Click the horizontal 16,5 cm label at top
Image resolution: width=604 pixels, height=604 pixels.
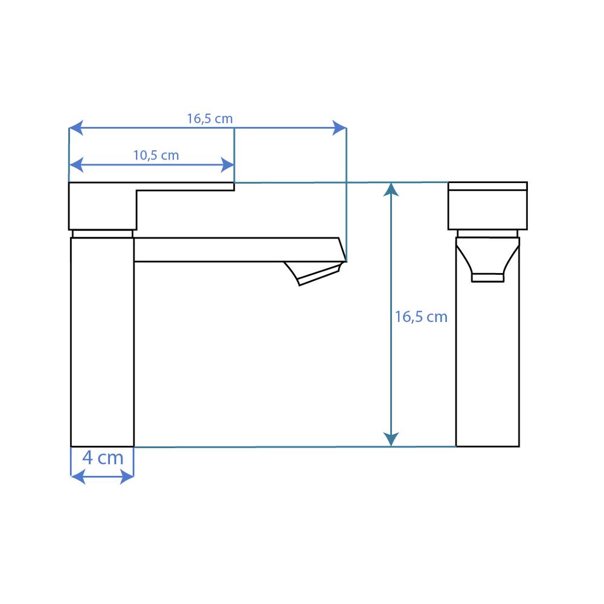(x=210, y=118)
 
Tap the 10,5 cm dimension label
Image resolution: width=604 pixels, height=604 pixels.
(x=156, y=155)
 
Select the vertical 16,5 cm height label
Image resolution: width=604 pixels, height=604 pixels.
(x=421, y=317)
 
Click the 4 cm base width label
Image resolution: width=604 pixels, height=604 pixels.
(x=103, y=458)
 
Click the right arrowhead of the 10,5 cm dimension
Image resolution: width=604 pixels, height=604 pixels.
(x=227, y=165)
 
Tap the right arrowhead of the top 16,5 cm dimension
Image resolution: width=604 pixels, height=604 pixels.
(x=339, y=127)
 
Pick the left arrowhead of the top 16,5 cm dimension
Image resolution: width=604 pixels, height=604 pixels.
(x=76, y=127)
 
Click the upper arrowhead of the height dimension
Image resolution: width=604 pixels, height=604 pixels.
(x=391, y=190)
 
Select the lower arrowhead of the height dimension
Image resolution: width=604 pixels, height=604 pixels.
(x=391, y=440)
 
